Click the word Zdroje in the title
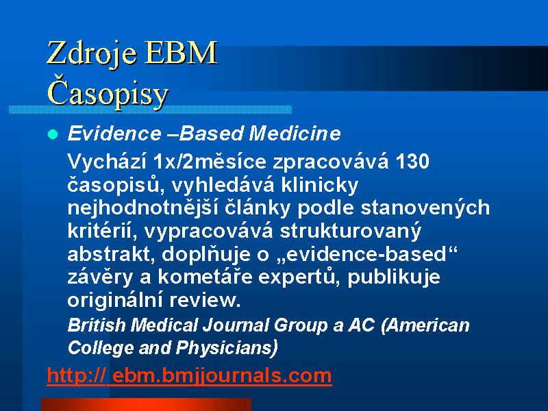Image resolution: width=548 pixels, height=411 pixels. pos(92,53)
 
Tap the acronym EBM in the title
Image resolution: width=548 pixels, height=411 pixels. pos(182,53)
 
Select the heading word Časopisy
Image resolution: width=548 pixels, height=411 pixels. pos(108,94)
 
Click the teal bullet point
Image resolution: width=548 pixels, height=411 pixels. pos(53,134)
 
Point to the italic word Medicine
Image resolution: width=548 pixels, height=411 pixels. pos(295,133)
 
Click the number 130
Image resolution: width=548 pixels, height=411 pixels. pos(412,162)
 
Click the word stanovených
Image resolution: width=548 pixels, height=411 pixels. pos(425,208)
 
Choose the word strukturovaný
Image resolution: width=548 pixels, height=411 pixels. pos(351,231)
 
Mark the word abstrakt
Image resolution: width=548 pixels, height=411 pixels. pos(111,254)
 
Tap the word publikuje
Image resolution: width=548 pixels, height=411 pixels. pos(393,277)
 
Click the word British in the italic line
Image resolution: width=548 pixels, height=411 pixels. pos(97,325)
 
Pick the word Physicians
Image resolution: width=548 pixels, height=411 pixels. pos(227,347)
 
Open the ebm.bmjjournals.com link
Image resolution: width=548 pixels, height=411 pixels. pos(189,375)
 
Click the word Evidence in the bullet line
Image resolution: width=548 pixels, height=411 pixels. pos(114,133)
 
